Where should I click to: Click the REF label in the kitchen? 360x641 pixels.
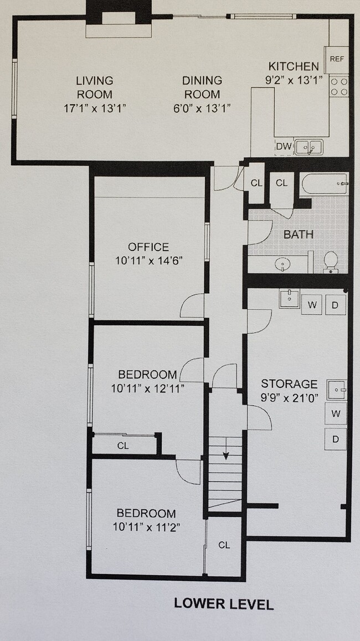[x=337, y=59]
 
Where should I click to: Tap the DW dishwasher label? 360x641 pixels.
[x=284, y=147]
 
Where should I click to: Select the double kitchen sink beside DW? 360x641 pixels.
[x=308, y=147]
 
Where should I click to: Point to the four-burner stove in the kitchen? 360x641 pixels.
[x=339, y=86]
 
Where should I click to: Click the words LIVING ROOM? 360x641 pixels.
[x=94, y=87]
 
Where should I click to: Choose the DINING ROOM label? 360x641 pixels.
[x=202, y=87]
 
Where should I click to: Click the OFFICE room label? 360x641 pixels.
[x=148, y=247]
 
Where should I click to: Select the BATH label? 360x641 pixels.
[x=298, y=234]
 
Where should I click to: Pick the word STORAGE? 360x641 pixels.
[x=289, y=384]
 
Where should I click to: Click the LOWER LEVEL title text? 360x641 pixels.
[x=224, y=603]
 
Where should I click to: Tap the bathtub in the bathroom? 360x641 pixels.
[x=324, y=183]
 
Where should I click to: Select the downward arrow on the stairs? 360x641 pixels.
[x=226, y=454]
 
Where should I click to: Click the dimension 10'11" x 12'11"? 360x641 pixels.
[x=148, y=388]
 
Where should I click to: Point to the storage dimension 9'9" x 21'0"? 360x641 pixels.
[x=289, y=397]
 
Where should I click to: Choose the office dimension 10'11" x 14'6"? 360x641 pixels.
[x=148, y=260]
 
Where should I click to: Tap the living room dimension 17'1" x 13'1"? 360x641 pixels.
[x=95, y=108]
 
